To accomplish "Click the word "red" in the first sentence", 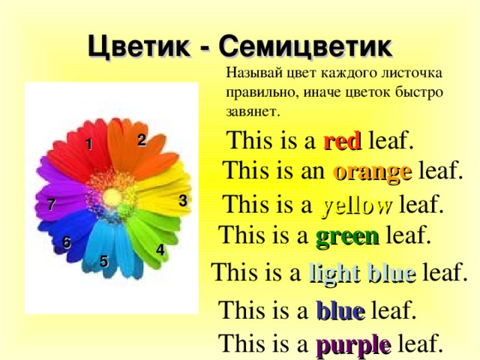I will click(x=343, y=140).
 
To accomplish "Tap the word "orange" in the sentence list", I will click(x=372, y=172).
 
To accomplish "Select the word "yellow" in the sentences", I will click(x=356, y=205).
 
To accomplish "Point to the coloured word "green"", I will click(x=346, y=237).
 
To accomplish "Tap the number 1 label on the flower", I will click(x=88, y=145).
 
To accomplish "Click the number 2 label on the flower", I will click(x=141, y=139).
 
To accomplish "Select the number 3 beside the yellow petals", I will click(x=183, y=200).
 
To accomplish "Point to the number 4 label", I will click(x=160, y=250).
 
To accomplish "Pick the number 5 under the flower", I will click(x=103, y=261).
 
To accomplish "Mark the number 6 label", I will click(x=67, y=242).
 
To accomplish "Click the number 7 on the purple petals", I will click(x=50, y=205).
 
